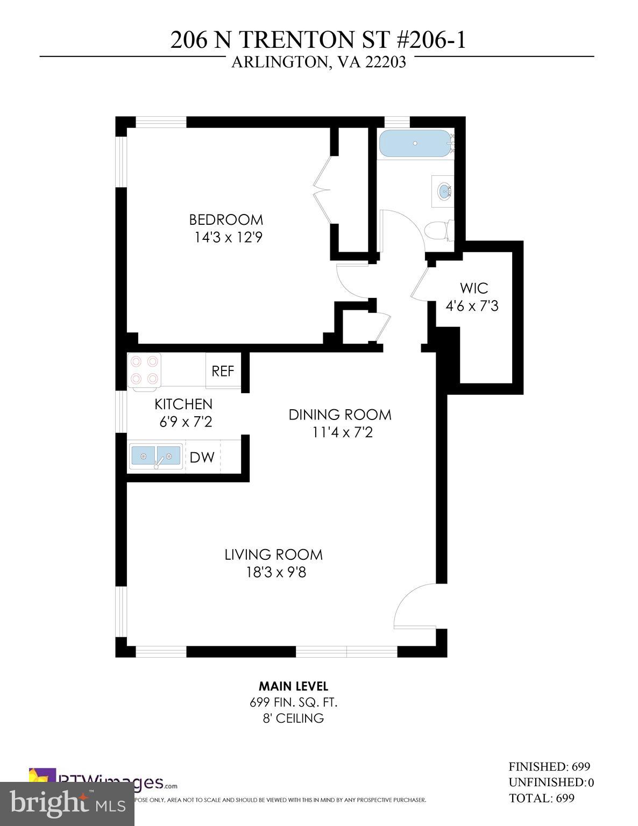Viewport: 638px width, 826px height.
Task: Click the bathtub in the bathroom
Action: [415, 143]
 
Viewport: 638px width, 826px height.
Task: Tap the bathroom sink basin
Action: [445, 191]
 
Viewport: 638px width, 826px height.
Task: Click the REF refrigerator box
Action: [223, 371]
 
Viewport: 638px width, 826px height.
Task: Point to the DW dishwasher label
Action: [202, 458]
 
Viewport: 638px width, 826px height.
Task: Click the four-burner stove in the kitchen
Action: [144, 370]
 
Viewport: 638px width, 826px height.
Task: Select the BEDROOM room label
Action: [226, 219]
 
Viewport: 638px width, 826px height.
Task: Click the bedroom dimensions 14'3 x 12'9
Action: [229, 237]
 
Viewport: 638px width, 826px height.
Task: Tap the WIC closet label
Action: [474, 288]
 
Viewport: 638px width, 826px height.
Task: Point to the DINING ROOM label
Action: [340, 415]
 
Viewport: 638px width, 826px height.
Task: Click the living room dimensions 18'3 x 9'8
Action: [276, 572]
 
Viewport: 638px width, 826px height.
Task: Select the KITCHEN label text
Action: [183, 404]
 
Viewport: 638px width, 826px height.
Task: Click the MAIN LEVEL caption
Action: [293, 686]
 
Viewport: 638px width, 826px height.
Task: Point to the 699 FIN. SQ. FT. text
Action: [294, 702]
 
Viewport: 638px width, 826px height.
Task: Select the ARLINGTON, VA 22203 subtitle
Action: [318, 63]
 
